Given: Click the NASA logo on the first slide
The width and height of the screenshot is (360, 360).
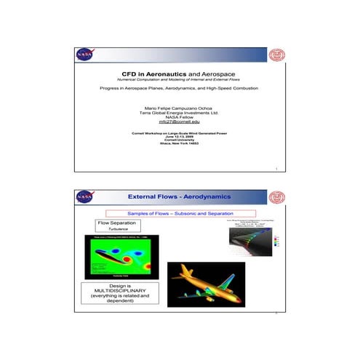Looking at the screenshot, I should [x=84, y=55].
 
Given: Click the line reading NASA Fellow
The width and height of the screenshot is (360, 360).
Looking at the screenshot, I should [x=179, y=117].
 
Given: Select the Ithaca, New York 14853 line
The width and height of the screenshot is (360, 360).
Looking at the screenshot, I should [x=179, y=143].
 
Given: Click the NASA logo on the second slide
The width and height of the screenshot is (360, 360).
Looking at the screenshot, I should [x=84, y=197].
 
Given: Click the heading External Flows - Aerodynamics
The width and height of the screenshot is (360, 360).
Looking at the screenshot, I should [x=179, y=197].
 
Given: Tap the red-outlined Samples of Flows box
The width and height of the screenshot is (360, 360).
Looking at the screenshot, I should [x=179, y=212].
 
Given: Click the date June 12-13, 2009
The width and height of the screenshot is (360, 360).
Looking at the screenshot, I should [x=179, y=136].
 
